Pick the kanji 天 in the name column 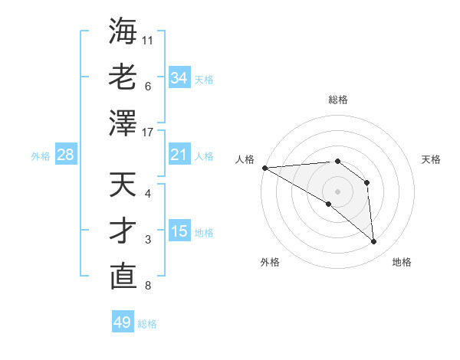(x=123, y=185)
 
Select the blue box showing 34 (x=179, y=77)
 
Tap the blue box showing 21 (x=179, y=155)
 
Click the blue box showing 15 (x=179, y=231)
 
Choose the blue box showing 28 (x=66, y=155)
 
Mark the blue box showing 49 (x=123, y=322)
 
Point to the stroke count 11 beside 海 (x=149, y=39)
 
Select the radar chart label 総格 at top (x=337, y=100)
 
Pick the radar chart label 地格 (x=402, y=262)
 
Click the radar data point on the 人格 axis (x=264, y=168)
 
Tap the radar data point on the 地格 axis (x=374, y=242)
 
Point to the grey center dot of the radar (x=337, y=191)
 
